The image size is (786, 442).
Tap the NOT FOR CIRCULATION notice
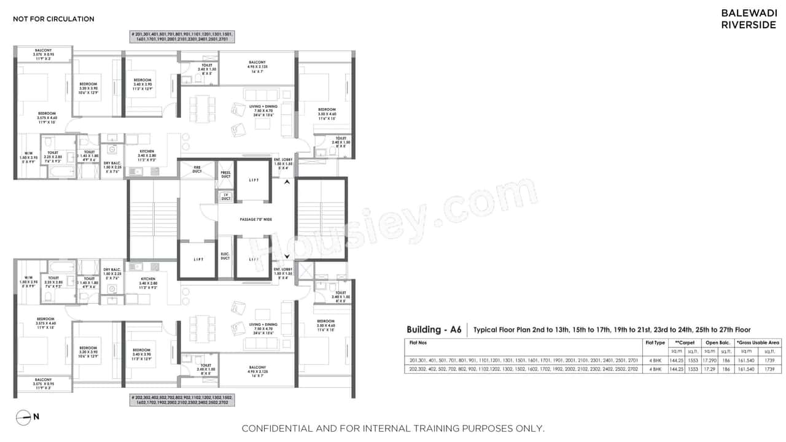pos(54,19)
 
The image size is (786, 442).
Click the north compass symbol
pos(23,417)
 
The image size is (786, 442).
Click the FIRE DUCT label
pos(197,168)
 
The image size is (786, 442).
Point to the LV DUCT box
pos(225,197)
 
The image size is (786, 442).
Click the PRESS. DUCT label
pos(225,174)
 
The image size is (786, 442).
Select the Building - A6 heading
pos(434,330)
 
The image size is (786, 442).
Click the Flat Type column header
pos(655,343)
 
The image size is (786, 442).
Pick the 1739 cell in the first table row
pos(770,360)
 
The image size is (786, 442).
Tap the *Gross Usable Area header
pos(758,343)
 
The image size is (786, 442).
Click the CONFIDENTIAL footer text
pos(392,428)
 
